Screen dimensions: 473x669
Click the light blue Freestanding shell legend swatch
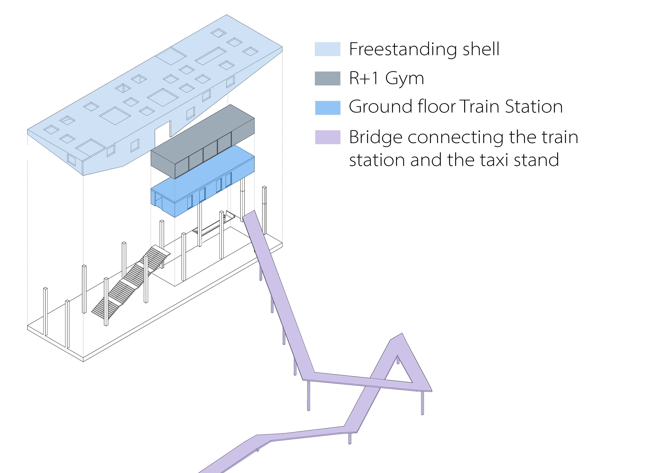(x=327, y=49)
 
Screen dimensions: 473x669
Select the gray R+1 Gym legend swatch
(x=327, y=78)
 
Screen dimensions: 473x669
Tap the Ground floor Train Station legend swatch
(x=327, y=108)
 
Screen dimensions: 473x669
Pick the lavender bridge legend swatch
(x=327, y=137)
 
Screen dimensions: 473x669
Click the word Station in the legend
(x=534, y=106)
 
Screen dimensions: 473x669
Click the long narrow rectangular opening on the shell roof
(x=210, y=56)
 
